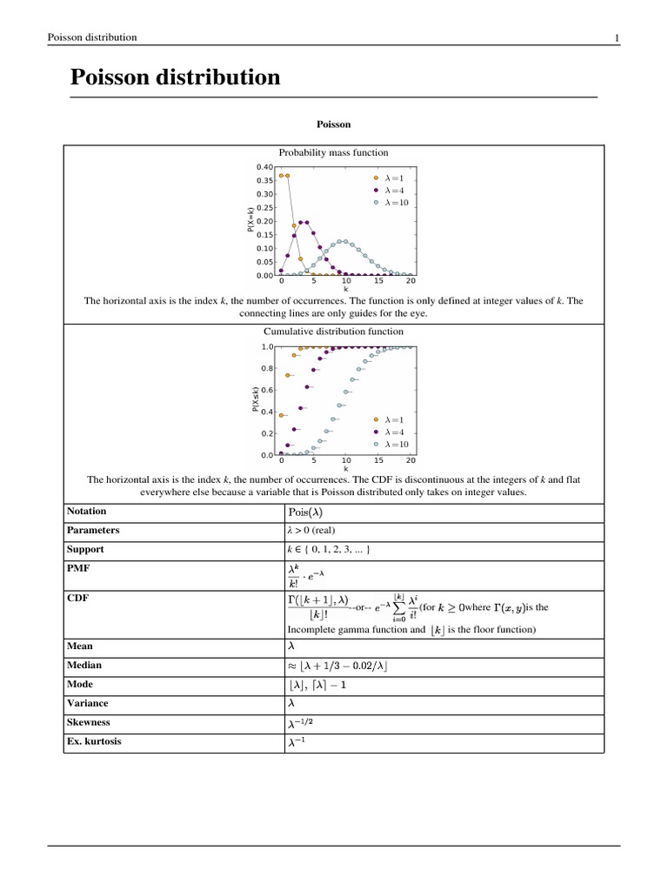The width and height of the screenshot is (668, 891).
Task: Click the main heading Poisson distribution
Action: tap(175, 77)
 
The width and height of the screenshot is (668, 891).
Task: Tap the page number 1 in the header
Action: tap(616, 37)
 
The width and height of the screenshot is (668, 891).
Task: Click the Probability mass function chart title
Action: tap(333, 152)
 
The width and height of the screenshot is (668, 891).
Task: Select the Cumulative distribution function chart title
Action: tap(333, 332)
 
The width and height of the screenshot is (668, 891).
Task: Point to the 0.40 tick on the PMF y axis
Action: tap(265, 166)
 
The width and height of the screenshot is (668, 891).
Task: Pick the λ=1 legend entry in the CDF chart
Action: tap(390, 419)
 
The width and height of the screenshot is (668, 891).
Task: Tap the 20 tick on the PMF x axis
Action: tap(411, 281)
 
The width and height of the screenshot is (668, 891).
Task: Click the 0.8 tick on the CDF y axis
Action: tap(269, 368)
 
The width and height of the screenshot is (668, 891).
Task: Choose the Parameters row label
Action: tap(93, 530)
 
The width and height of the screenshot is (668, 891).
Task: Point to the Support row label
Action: tap(85, 550)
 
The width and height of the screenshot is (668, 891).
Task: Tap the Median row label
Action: tap(85, 665)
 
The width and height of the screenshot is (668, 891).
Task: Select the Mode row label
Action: tap(81, 685)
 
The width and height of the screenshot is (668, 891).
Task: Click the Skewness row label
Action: tap(90, 722)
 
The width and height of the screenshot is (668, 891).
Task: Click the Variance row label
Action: tap(89, 703)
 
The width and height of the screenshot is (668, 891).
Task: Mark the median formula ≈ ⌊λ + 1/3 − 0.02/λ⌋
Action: tap(337, 666)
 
